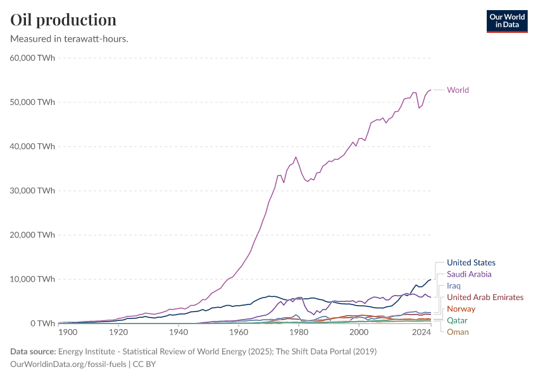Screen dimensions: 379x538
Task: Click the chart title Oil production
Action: point(63,20)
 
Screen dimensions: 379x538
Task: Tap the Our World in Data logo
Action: point(506,20)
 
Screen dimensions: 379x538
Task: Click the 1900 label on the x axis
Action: point(68,332)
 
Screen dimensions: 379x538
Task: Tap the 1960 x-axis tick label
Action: point(239,332)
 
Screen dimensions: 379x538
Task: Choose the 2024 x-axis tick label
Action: point(420,332)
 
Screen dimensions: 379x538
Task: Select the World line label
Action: point(458,90)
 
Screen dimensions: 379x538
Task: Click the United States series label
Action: point(471,263)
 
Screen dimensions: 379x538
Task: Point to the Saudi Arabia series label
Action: point(469,274)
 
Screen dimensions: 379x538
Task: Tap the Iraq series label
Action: point(454,286)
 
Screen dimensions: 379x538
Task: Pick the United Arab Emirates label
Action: point(485,297)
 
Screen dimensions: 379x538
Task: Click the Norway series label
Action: point(461,309)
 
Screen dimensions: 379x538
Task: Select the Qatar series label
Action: point(457,320)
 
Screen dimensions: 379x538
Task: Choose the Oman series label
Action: point(458,332)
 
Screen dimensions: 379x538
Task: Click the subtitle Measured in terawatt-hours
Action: point(70,39)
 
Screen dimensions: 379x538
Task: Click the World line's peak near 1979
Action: point(296,157)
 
